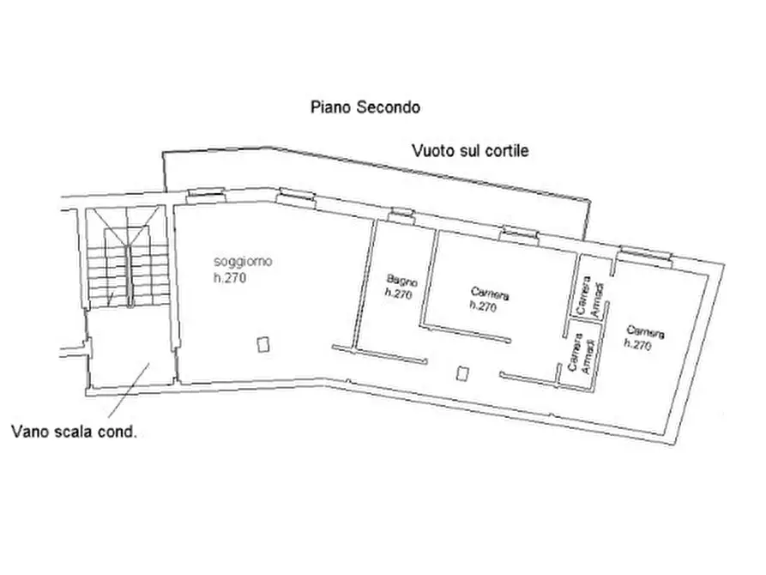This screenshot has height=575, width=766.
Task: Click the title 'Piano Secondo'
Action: pos(365,108)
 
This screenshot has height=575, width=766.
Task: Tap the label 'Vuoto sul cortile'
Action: pos(469,151)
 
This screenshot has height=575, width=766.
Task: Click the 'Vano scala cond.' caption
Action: pos(74,432)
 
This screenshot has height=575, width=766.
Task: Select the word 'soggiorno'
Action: pos(244,262)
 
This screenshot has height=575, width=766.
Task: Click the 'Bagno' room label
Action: pos(401,280)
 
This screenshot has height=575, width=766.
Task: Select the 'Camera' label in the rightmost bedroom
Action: pos(645,331)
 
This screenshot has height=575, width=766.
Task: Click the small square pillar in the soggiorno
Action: pos(263,344)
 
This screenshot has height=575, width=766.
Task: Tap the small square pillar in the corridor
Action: pos(463,373)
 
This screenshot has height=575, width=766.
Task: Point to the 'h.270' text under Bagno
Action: pos(399,294)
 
